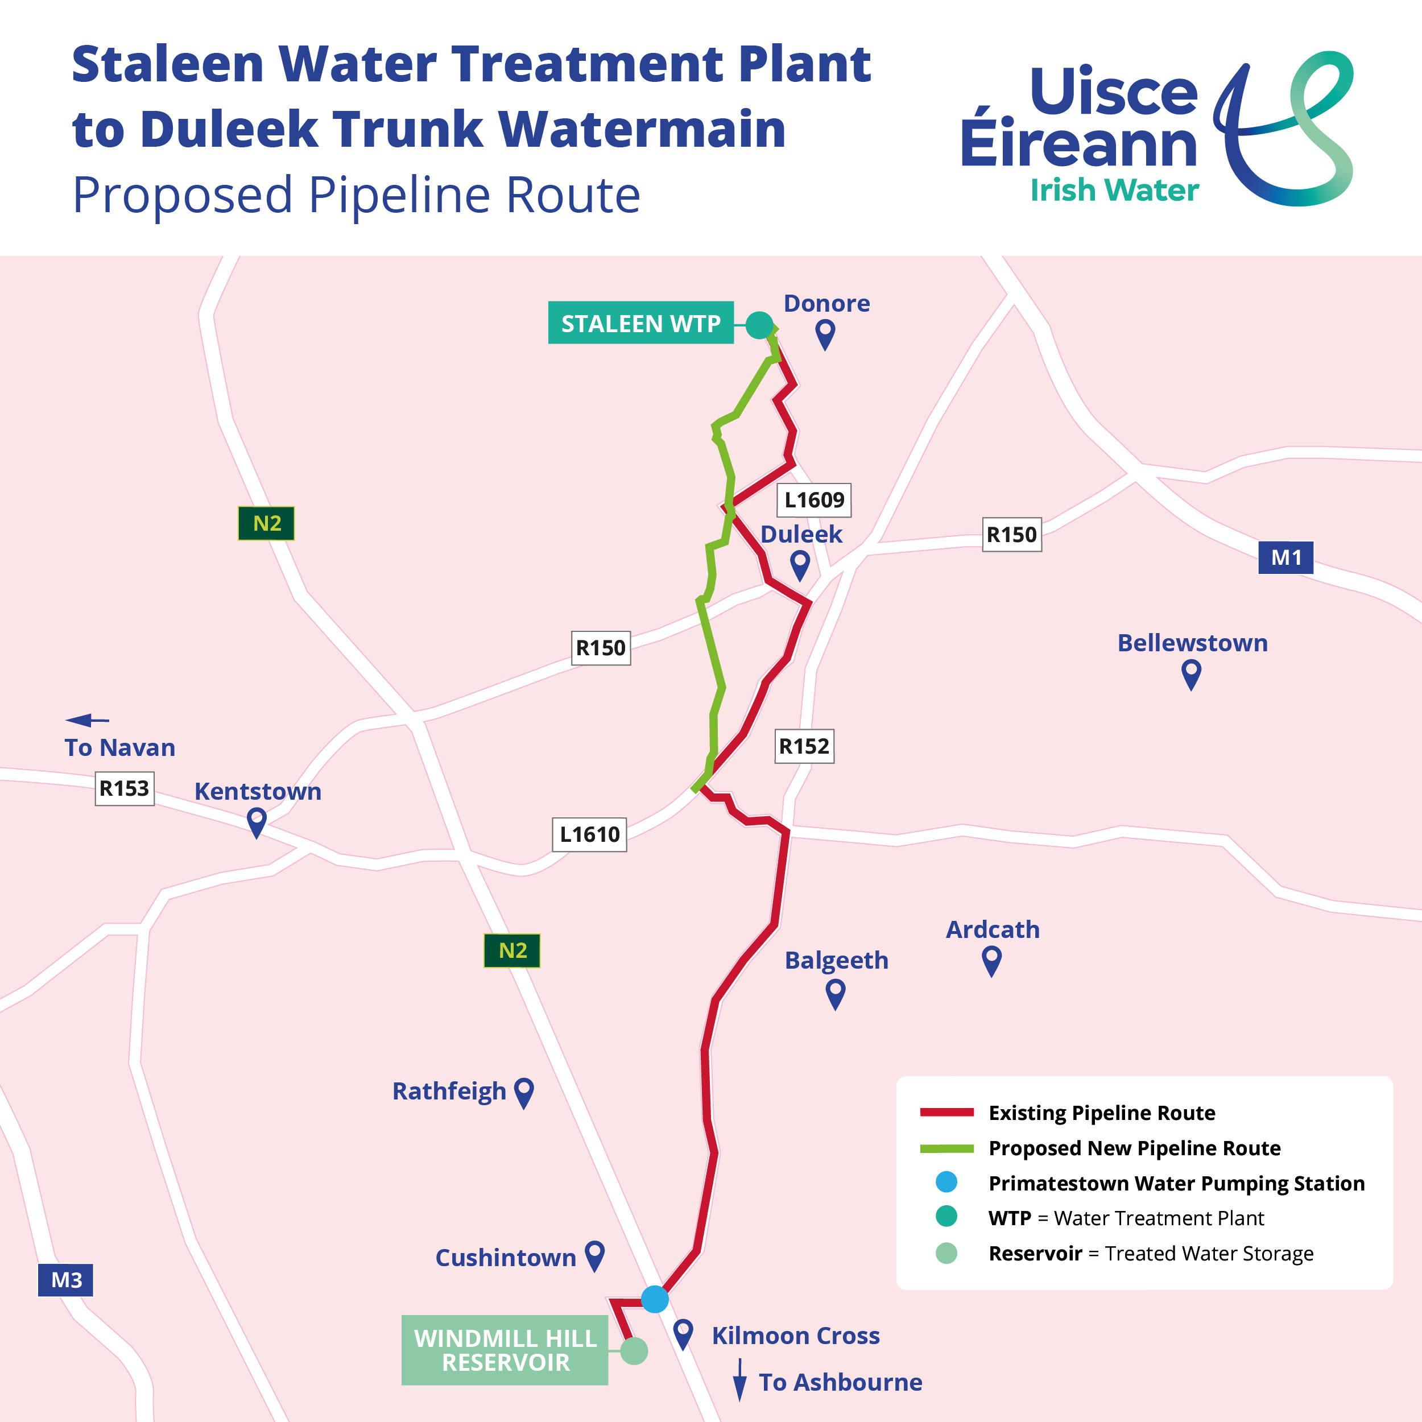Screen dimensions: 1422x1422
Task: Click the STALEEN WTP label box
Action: pos(640,323)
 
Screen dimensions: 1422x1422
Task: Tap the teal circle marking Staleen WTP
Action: pos(759,325)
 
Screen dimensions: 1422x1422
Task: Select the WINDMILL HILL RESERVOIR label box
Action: pos(505,1350)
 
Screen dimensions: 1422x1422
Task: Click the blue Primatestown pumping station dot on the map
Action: pos(654,1299)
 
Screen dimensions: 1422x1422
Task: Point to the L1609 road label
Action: pos(814,500)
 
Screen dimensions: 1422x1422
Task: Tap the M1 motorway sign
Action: pos(1286,557)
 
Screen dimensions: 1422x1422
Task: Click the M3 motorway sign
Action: pos(65,1280)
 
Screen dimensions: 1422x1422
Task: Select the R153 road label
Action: pos(125,788)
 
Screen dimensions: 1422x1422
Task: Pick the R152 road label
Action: pos(804,746)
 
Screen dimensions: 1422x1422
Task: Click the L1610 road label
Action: pos(589,834)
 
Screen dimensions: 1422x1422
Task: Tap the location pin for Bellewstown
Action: pos(1191,673)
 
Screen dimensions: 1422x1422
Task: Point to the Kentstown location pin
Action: pos(256,821)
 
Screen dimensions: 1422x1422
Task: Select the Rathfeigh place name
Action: pos(449,1091)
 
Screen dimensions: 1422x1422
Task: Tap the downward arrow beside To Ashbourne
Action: pos(739,1380)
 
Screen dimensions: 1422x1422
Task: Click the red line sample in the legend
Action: pos(946,1112)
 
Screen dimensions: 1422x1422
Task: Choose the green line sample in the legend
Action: pos(946,1148)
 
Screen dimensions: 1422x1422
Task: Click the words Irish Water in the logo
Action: pos(1114,190)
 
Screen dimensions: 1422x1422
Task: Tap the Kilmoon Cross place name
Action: pos(796,1335)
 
